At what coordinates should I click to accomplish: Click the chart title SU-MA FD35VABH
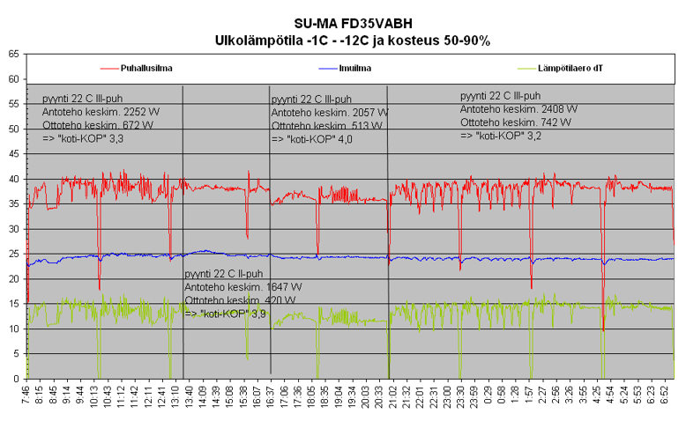tap(353, 24)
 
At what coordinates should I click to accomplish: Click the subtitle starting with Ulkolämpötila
tap(353, 40)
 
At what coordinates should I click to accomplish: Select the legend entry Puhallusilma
tap(146, 68)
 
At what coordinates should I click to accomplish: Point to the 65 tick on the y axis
tap(12, 54)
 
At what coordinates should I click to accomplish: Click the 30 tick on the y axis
tap(12, 229)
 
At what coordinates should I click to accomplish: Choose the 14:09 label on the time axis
tap(205, 398)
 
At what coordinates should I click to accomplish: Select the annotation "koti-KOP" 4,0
tap(306, 140)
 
